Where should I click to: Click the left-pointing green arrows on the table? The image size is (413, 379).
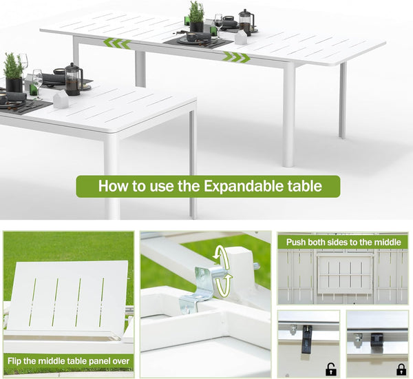click(x=116, y=43)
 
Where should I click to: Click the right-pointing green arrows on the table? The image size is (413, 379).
click(x=235, y=57)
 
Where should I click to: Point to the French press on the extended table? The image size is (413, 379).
click(x=245, y=21)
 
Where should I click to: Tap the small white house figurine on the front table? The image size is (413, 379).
click(x=61, y=100)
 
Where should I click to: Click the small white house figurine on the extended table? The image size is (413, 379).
click(x=240, y=37)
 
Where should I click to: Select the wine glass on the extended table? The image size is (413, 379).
click(x=218, y=23)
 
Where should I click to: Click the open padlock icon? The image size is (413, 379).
click(x=331, y=369)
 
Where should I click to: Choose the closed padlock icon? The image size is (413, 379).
click(x=401, y=369)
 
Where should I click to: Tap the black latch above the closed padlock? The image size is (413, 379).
click(x=377, y=338)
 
